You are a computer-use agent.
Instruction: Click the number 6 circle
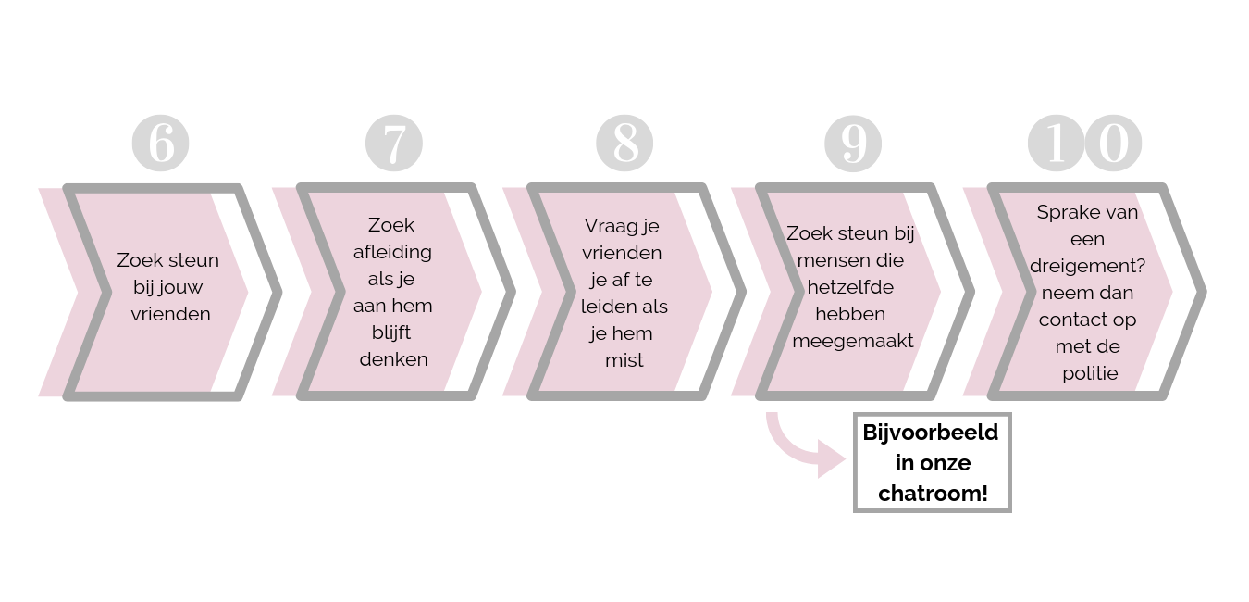tap(160, 144)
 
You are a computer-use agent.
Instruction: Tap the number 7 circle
tap(394, 144)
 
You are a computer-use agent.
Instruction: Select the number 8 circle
tap(624, 144)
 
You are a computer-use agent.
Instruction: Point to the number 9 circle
tap(853, 144)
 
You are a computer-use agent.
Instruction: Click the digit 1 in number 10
tap(1057, 144)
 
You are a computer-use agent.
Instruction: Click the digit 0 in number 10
tap(1113, 144)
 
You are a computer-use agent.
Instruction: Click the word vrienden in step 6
tap(170, 314)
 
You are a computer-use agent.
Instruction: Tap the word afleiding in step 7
tap(392, 252)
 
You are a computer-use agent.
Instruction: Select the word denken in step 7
tap(394, 359)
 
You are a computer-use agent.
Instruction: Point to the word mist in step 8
tap(624, 360)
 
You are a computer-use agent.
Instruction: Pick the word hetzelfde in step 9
tap(850, 287)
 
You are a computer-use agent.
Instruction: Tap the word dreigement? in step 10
tap(1088, 265)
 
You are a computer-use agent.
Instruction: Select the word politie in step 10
tap(1090, 373)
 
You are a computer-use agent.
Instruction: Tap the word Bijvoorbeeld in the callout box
tap(931, 433)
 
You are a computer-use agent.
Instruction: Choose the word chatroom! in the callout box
tap(933, 494)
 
